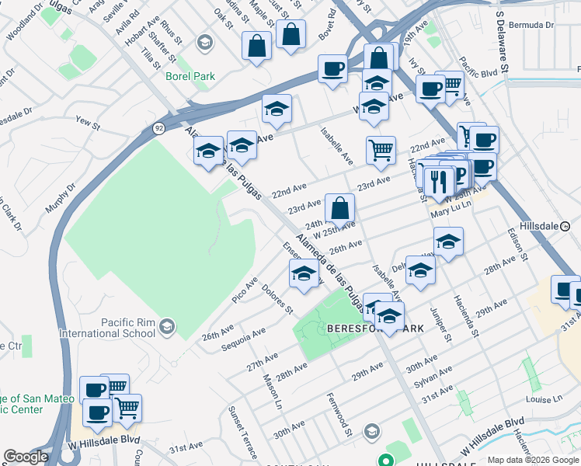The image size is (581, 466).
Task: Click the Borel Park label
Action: pyautogui.click(x=190, y=76)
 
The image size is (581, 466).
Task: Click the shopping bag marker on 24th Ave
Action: pyautogui.click(x=339, y=209)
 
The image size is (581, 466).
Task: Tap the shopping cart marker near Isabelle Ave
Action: pyautogui.click(x=381, y=151)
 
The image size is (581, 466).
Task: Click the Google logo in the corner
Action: pyautogui.click(x=26, y=457)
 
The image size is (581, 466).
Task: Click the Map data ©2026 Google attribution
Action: pyautogui.click(x=533, y=460)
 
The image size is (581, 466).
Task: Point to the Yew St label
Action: pyautogui.click(x=88, y=123)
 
